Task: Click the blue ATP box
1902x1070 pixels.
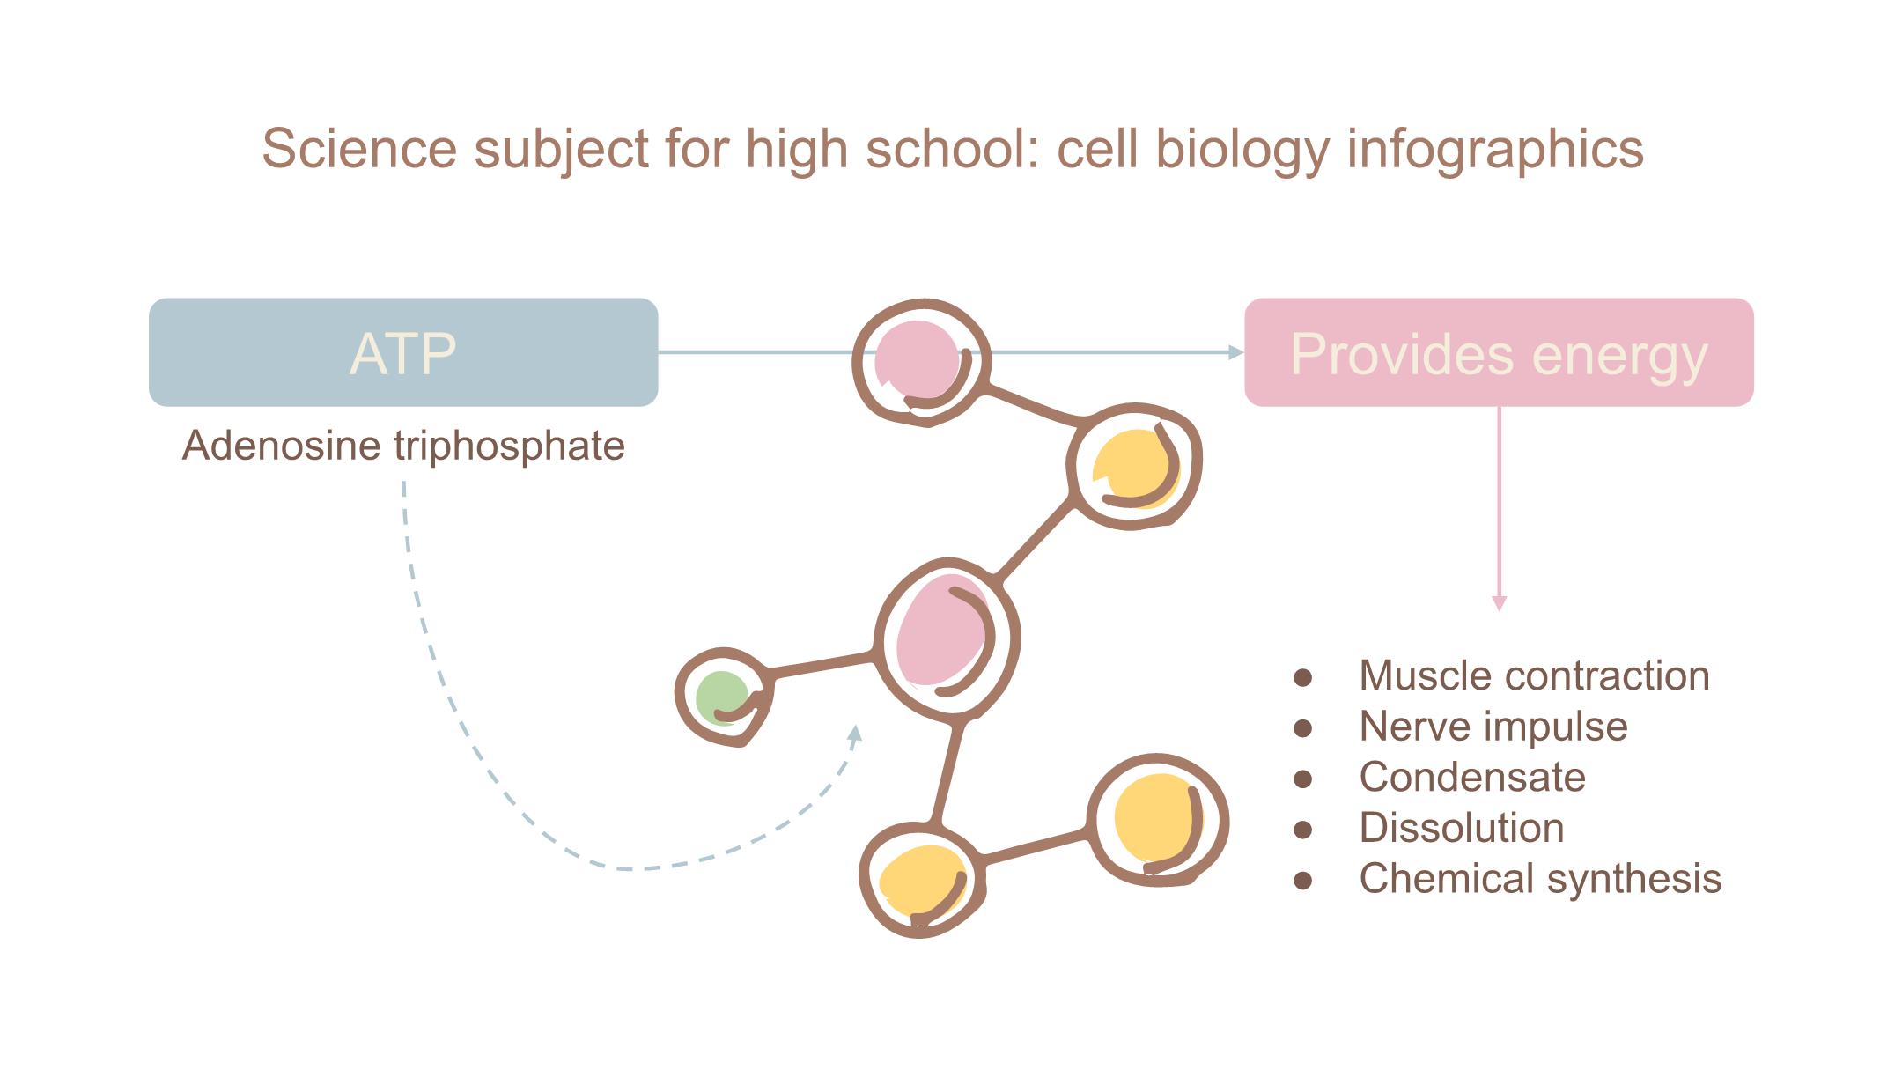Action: point(403,352)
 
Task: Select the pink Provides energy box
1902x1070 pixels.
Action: point(1499,352)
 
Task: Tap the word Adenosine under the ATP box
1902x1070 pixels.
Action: point(282,446)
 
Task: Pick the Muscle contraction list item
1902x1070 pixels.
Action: point(1534,675)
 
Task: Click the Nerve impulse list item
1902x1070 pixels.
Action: point(1493,727)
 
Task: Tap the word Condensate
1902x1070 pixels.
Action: point(1472,777)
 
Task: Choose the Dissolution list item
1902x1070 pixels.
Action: point(1462,828)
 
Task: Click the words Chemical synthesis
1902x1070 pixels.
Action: point(1540,878)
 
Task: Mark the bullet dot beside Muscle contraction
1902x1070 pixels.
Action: point(1303,677)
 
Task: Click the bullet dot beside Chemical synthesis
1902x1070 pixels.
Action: point(1303,880)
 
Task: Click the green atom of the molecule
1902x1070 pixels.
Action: point(721,697)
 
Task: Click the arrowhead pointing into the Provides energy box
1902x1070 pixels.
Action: point(1235,352)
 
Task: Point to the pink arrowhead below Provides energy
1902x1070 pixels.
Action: point(1499,603)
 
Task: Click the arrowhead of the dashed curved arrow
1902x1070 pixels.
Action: point(853,734)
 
